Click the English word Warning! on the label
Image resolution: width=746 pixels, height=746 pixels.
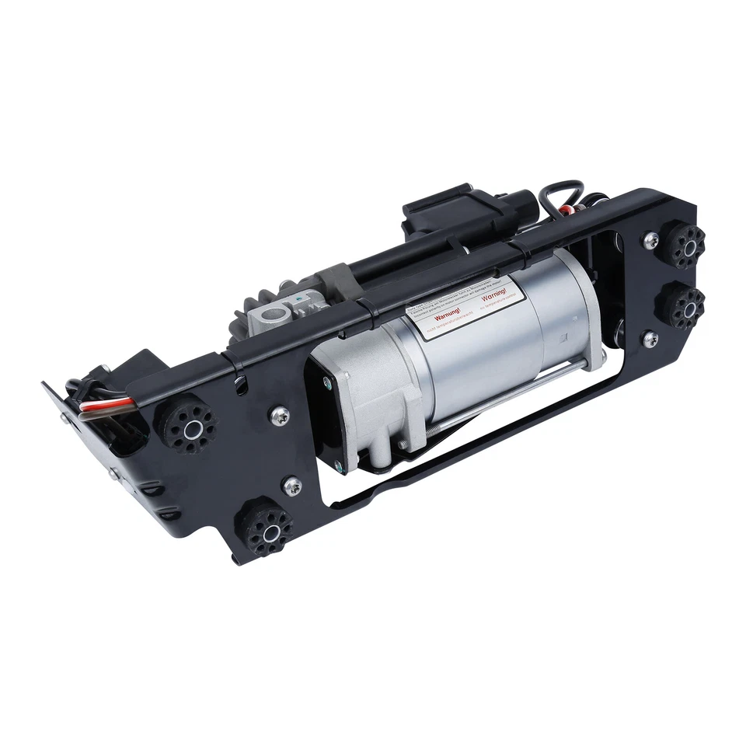495,297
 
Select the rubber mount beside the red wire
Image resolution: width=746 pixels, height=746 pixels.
189,423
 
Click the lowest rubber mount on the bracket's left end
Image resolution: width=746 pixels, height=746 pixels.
266,530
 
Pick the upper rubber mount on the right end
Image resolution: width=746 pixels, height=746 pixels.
684,245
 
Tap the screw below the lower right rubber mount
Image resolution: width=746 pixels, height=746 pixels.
650,339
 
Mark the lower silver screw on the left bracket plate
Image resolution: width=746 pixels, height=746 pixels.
292,486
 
